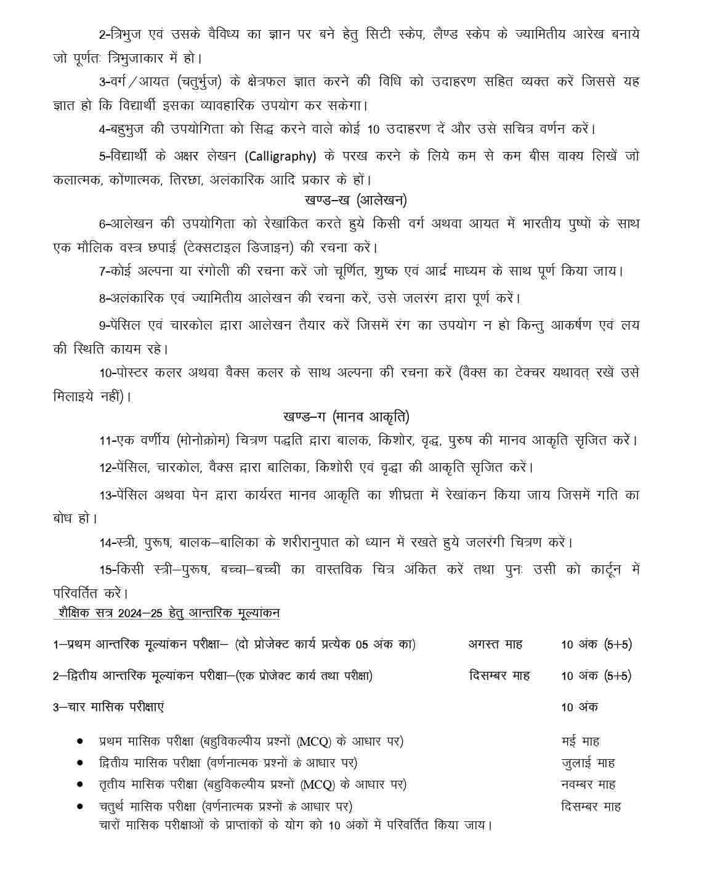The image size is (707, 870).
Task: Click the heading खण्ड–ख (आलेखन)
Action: [355, 200]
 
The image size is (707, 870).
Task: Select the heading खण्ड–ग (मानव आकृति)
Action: [347, 417]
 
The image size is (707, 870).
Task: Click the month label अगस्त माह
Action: [495, 644]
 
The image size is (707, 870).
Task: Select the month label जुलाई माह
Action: [588, 763]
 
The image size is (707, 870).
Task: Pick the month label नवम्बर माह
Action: [588, 784]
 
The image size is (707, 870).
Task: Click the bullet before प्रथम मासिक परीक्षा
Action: [80, 741]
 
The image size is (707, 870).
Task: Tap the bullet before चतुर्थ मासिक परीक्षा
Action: [80, 806]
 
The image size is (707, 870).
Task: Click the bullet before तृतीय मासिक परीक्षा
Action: [80, 784]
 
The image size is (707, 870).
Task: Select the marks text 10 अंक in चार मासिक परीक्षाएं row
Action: [579, 707]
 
